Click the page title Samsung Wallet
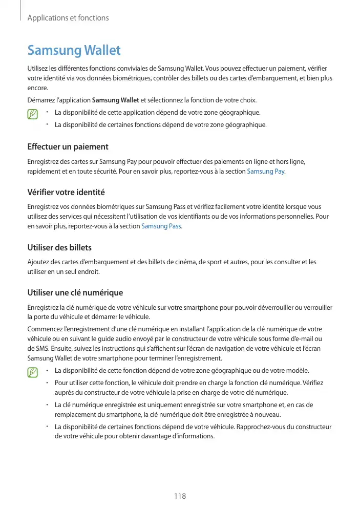point(74,50)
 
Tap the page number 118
point(180,496)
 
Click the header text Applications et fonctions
point(68,18)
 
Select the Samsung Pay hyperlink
point(266,171)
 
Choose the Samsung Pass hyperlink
point(161,226)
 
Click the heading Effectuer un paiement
point(68,147)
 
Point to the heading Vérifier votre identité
point(66,193)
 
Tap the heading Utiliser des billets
point(59,248)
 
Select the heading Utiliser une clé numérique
point(75,293)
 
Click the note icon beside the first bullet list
point(34,114)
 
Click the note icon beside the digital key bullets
point(34,371)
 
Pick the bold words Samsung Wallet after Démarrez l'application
point(115,100)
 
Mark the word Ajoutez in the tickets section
point(37,262)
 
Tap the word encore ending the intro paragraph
point(36,88)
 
